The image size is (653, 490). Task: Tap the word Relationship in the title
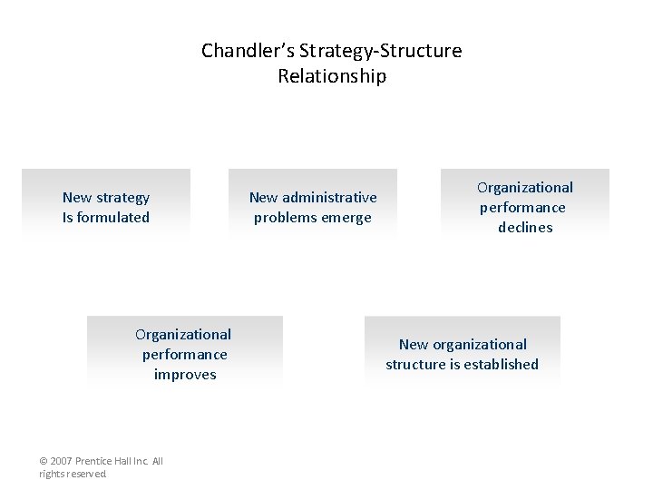pyautogui.click(x=332, y=76)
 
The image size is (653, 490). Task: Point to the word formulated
pyautogui.click(x=113, y=218)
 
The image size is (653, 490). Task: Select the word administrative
pyautogui.click(x=330, y=198)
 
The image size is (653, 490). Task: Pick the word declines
pyautogui.click(x=525, y=228)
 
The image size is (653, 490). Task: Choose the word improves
pyautogui.click(x=185, y=375)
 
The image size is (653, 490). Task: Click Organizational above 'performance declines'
pyautogui.click(x=525, y=188)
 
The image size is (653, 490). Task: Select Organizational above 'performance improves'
pyautogui.click(x=183, y=335)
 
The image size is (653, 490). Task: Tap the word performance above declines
pyautogui.click(x=522, y=208)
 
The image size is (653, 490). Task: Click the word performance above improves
pyautogui.click(x=185, y=355)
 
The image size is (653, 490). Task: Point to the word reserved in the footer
pyautogui.click(x=88, y=474)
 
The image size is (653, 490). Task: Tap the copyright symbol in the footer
pyautogui.click(x=44, y=462)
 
